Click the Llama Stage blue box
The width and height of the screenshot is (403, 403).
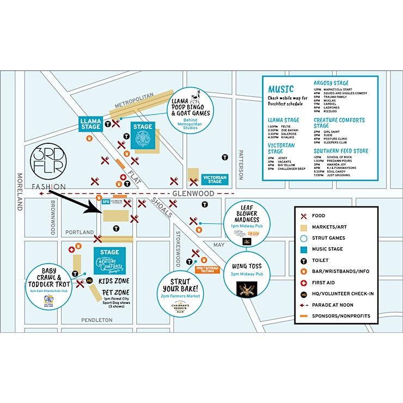91,124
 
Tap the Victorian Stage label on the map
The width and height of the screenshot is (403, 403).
215,179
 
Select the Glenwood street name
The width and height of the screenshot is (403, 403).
188,193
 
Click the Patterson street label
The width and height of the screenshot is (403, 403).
240,164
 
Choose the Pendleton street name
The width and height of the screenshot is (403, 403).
97,320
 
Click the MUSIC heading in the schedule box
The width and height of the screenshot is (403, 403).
280,89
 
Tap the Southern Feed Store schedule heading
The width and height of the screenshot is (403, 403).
341,151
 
